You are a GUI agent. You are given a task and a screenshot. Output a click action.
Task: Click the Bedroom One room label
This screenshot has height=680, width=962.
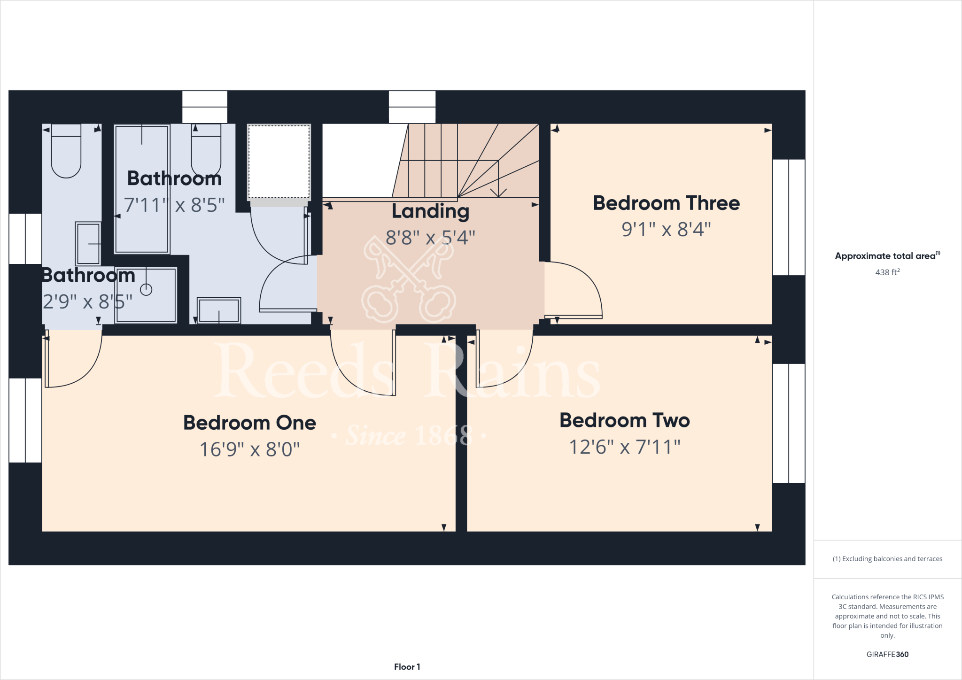pos(249,423)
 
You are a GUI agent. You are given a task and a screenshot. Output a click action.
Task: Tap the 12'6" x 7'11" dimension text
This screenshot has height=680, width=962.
pos(624,447)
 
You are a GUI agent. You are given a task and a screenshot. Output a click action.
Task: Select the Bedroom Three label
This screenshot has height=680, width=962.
pos(666,203)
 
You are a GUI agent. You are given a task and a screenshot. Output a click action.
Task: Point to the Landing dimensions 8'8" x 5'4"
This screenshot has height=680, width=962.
pos(430,238)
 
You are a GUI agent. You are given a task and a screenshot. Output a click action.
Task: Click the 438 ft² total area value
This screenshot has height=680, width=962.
pos(887,272)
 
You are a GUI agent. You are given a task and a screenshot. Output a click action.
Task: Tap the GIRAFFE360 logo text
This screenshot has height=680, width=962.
pos(887,654)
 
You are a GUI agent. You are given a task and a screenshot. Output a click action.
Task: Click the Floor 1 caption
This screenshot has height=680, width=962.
pos(407,667)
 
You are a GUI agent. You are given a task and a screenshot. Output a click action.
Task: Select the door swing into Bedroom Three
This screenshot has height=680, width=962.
pos(573,289)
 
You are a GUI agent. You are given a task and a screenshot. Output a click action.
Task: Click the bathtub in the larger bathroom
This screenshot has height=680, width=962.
pos(141,189)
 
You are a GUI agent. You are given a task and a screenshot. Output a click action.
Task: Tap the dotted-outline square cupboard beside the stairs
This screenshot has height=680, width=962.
pos(279,162)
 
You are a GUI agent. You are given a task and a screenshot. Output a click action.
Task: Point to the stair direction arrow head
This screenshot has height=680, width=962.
pos(498,193)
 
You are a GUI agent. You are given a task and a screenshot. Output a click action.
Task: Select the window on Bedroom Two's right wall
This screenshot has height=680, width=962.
pos(788,423)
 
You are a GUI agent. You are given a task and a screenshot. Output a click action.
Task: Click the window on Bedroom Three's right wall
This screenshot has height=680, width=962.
pos(788,217)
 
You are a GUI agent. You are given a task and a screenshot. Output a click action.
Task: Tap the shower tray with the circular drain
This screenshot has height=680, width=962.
pos(146,295)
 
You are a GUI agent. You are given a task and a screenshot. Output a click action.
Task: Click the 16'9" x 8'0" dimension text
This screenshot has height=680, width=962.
pos(249,449)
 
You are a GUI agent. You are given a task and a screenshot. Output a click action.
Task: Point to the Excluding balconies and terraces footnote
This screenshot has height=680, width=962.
pos(887,559)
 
